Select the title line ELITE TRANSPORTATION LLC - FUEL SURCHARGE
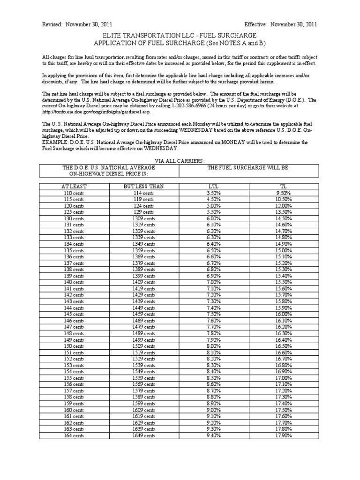[180, 36]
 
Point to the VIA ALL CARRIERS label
[180, 161]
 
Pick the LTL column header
[213, 186]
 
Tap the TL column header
[283, 186]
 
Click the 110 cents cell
[74, 193]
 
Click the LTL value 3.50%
[213, 193]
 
